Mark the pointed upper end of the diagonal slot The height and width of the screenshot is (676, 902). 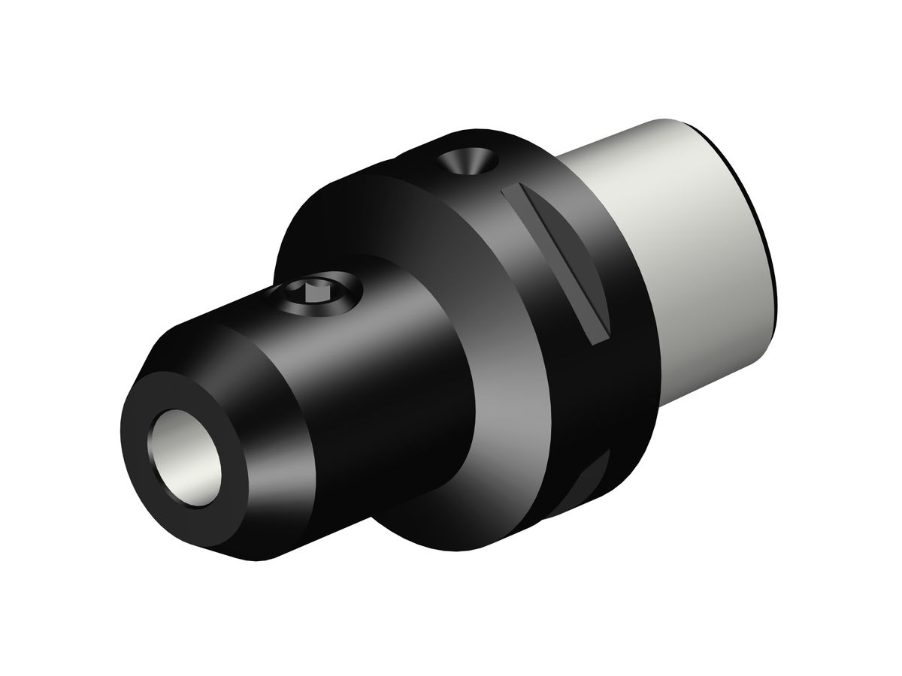click(511, 187)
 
